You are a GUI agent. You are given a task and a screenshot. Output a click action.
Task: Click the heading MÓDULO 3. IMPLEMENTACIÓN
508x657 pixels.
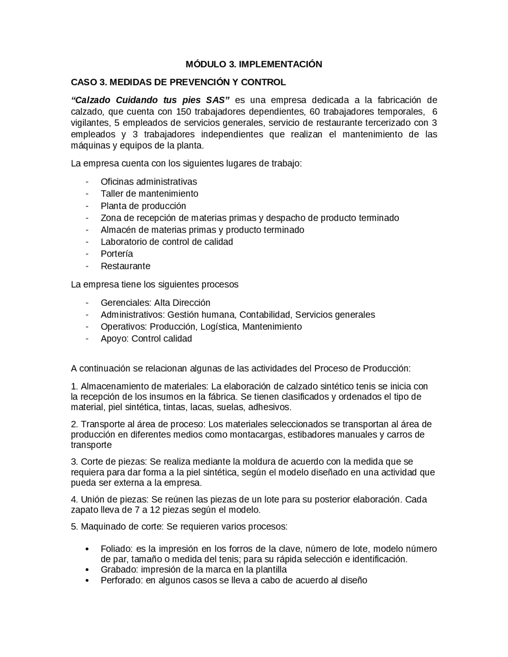254,64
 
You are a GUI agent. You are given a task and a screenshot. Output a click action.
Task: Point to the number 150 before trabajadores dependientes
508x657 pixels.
184,111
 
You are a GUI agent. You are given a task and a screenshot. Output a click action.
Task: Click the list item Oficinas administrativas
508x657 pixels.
148,182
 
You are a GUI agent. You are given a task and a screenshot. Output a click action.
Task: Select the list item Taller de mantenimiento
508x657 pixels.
149,194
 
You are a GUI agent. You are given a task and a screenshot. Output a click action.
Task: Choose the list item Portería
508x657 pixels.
117,254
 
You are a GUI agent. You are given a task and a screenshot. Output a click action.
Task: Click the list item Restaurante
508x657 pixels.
125,266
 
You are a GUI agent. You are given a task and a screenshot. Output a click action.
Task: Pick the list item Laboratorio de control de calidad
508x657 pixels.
167,242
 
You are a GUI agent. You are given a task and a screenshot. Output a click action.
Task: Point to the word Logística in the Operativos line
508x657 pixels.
219,327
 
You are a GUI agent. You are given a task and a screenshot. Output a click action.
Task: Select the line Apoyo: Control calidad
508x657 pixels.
146,339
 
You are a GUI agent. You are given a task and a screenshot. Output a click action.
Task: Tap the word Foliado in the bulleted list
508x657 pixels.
116,549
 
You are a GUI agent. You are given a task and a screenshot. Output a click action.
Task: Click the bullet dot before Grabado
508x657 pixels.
87,570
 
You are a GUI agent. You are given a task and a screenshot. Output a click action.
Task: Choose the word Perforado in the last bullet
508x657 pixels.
119,580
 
